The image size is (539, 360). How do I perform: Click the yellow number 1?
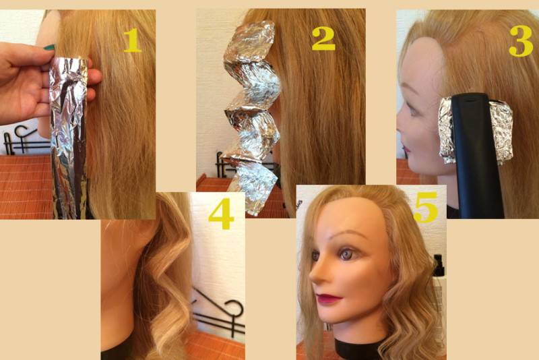pyautogui.click(x=132, y=40)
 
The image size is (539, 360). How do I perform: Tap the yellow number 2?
pyautogui.click(x=323, y=38)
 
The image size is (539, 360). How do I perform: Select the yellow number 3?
pyautogui.click(x=521, y=40)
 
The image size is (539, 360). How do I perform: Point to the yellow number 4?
pyautogui.click(x=221, y=214)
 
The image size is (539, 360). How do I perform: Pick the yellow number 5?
pyautogui.click(x=426, y=207)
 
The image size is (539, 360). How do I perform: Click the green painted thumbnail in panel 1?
pyautogui.click(x=49, y=47)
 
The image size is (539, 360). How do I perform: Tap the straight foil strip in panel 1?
pyautogui.click(x=69, y=138)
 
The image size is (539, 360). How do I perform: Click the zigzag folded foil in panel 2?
pyautogui.click(x=252, y=113)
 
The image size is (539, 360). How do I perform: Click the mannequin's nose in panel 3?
pyautogui.click(x=400, y=127)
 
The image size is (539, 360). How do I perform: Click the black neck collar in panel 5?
pyautogui.click(x=358, y=349)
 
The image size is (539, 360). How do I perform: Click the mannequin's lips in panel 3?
pyautogui.click(x=407, y=149)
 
